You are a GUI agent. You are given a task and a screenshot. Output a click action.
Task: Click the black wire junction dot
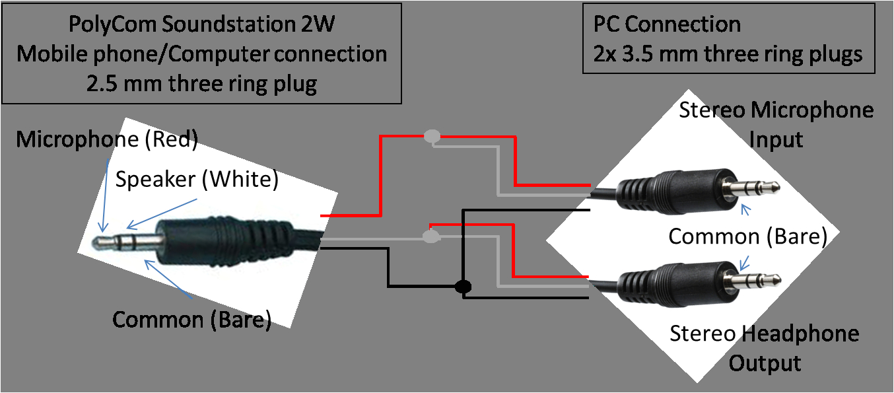[x=463, y=287]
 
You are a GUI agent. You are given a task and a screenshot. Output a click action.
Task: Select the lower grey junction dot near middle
[x=430, y=236]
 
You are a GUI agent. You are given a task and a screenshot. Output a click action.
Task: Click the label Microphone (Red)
[x=107, y=140]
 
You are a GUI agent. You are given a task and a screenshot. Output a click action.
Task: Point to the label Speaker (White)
[x=197, y=179]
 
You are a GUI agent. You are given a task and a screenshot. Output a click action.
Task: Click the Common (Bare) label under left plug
[x=191, y=320]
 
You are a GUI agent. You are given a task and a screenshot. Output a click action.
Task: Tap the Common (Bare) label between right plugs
[x=747, y=236]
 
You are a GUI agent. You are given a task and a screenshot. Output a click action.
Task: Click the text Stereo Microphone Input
[x=776, y=124]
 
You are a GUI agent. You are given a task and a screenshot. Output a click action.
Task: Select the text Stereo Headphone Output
[x=765, y=348]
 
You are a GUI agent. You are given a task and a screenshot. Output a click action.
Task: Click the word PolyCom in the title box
[x=109, y=24]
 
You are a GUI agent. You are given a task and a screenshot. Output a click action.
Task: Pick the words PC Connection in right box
[x=667, y=24]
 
